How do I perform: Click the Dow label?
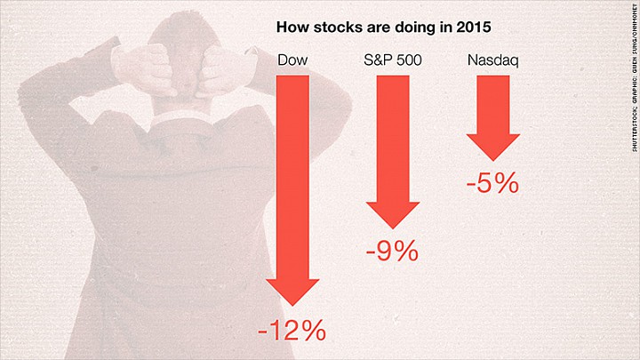coord(292,60)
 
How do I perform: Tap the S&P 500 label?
coord(393,60)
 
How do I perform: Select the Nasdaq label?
coord(493,60)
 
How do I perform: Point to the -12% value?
coord(292,330)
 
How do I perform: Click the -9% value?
coord(392,252)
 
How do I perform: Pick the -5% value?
coord(492,183)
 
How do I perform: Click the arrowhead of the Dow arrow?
coord(292,292)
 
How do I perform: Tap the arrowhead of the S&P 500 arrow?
coord(393,215)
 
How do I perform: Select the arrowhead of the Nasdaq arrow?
coord(493,148)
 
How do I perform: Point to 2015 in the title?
coord(474,28)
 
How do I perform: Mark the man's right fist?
coord(145,70)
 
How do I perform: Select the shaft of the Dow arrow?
coord(292,178)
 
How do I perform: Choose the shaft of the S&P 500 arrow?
coord(393,139)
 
